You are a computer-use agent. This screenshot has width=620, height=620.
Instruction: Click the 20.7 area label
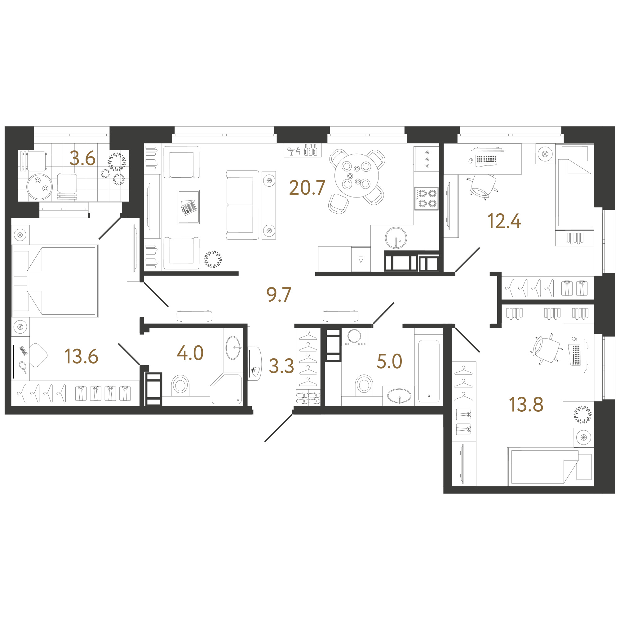307,188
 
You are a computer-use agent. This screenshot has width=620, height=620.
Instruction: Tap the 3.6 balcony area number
82,158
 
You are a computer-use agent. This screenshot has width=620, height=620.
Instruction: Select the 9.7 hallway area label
279,294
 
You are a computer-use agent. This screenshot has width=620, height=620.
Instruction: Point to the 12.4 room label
504,221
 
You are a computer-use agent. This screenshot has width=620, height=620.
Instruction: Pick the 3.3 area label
281,366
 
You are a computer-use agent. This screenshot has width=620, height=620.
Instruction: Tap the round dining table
356,175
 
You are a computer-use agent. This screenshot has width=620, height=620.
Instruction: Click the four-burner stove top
426,199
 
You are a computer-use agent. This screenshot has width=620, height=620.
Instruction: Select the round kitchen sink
396,238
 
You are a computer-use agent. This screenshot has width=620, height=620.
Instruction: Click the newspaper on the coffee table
189,207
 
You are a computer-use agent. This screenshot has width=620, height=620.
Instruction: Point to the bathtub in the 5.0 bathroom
429,371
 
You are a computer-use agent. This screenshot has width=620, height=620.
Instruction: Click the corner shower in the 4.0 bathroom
226,389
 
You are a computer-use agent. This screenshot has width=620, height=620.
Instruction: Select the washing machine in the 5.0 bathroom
354,337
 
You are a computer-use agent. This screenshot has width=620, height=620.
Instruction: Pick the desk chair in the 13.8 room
546,349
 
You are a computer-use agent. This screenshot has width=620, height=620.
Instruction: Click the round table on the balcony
39,187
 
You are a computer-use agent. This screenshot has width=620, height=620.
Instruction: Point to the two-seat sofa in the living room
243,205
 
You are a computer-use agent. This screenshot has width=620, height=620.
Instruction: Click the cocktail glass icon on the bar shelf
291,152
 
